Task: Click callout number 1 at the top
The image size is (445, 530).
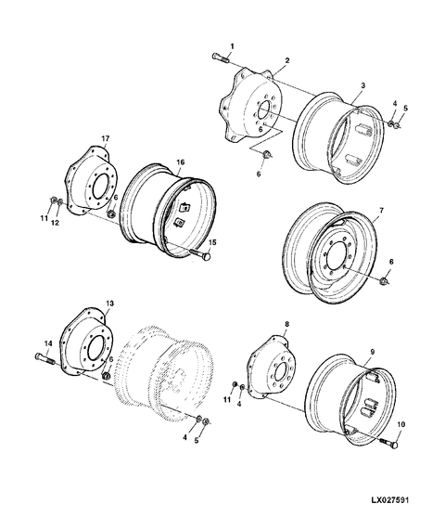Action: pos(233,45)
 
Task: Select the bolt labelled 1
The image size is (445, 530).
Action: pos(220,58)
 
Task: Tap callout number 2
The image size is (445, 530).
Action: pos(287,60)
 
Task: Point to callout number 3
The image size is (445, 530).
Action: pos(362,85)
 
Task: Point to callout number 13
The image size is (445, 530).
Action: pos(109,304)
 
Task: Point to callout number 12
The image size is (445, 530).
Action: pos(57,224)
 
